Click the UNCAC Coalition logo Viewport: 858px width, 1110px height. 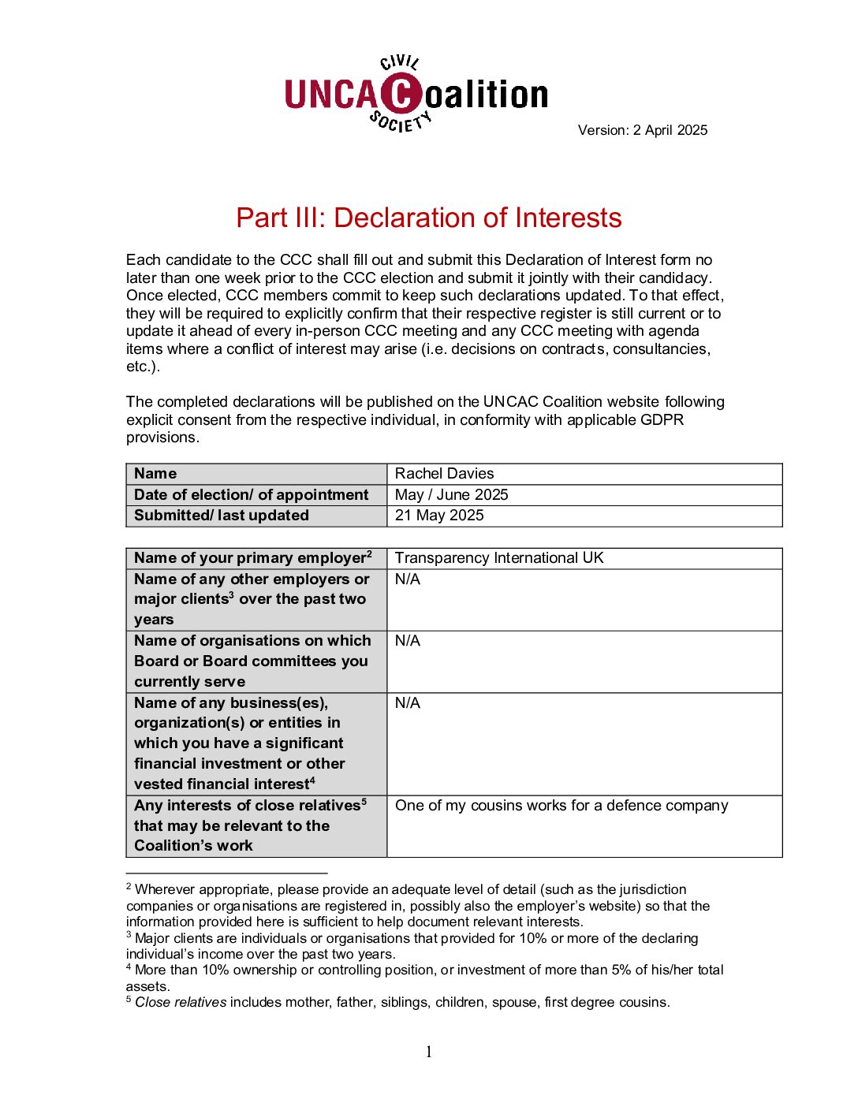tap(416, 94)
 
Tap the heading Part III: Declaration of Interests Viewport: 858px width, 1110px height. tap(428, 218)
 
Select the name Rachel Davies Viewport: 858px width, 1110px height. tap(444, 473)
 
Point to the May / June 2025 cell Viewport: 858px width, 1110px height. tap(451, 494)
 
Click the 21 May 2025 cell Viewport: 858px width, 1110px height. tap(439, 515)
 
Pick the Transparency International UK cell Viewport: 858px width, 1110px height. tap(499, 557)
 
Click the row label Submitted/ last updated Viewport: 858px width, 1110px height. tap(221, 515)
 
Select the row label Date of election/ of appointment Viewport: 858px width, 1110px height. tap(251, 494)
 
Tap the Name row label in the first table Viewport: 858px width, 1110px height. tap(155, 473)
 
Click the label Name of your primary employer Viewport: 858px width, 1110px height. tap(250, 557)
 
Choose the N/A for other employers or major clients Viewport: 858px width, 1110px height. tap(408, 579)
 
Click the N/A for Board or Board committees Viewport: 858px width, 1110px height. tap(408, 640)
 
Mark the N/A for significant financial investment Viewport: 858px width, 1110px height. tap(408, 702)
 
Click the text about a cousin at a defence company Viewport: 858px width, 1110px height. tap(561, 805)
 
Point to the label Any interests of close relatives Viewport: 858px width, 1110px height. tap(247, 805)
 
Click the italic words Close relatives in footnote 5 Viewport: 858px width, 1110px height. tap(181, 1002)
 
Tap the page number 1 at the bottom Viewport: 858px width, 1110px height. tap(429, 1052)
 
